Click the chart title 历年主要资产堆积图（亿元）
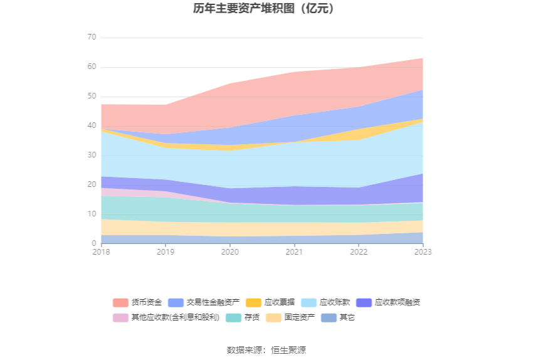tap(266, 9)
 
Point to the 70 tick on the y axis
tap(92, 38)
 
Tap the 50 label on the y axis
tap(92, 97)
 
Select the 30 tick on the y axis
tap(92, 156)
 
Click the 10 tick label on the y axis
tap(92, 214)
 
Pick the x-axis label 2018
tap(100, 252)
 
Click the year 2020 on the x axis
tap(230, 252)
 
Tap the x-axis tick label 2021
tap(294, 252)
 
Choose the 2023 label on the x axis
tap(423, 252)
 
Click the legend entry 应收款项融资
tap(389, 302)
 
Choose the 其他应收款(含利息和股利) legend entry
tap(167, 318)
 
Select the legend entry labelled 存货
tap(243, 318)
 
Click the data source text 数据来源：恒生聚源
tap(266, 350)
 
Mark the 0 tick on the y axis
tap(94, 244)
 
